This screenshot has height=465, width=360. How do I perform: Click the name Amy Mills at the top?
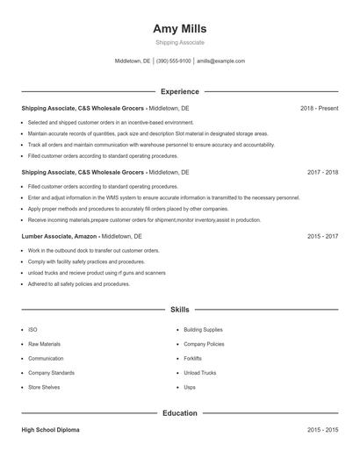pos(179,28)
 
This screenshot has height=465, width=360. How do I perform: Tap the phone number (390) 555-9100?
pos(174,61)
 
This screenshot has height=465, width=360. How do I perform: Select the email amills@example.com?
pos(220,61)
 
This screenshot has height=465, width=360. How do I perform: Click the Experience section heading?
pos(179,91)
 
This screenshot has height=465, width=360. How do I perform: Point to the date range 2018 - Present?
pos(319,108)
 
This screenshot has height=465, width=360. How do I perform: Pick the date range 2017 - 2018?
pos(322,172)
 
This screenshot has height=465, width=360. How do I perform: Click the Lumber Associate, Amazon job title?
pos(59,236)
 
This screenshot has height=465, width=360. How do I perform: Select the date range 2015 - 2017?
pos(322,236)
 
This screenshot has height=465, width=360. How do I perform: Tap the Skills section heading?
pos(179,310)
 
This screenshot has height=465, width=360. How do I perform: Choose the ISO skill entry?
pos(32,330)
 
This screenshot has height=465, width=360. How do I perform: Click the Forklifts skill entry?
pos(192,359)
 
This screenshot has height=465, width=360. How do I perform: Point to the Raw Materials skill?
pos(44,344)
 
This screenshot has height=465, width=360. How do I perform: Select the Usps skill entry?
pos(190,387)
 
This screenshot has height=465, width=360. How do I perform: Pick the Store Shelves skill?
pos(44,387)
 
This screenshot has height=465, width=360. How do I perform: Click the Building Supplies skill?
pos(203,330)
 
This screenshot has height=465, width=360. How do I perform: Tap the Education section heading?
pos(179,412)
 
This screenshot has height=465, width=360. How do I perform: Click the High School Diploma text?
pos(50,430)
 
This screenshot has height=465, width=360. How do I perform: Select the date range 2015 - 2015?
pos(322,430)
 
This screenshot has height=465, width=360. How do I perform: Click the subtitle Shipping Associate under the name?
pos(179,42)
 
